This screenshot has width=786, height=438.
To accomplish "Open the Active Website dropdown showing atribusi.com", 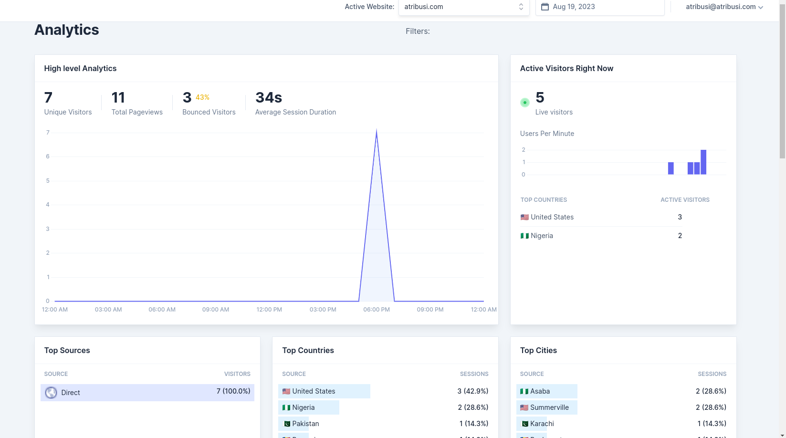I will click(463, 7).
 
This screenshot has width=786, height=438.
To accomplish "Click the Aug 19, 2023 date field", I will click(599, 7).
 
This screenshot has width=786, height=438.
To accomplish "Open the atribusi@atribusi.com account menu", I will click(724, 7).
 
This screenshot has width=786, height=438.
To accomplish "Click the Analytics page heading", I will click(67, 30).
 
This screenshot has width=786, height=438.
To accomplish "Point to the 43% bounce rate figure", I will click(202, 97).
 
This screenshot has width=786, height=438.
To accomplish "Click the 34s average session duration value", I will click(269, 97).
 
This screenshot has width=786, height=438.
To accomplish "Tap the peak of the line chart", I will click(377, 132).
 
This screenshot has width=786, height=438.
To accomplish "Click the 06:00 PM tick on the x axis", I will click(377, 309).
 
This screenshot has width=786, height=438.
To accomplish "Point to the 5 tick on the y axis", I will click(48, 180).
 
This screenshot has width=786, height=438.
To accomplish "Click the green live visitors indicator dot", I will click(525, 103).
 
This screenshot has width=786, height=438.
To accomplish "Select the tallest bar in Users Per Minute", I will click(703, 162).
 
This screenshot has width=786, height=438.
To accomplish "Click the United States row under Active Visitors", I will click(552, 217).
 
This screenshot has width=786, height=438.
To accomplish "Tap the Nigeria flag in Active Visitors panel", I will click(524, 236).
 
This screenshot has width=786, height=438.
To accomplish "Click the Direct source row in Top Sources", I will click(147, 393).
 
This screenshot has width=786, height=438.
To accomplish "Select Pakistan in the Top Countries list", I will click(305, 424).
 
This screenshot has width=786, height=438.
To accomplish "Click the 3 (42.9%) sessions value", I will click(472, 391).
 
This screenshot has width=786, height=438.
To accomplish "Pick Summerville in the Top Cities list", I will click(549, 407).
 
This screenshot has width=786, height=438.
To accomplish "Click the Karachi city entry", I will click(542, 424).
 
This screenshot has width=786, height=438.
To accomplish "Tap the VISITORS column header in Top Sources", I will click(237, 374).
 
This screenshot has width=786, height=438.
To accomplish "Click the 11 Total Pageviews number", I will click(118, 97).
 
